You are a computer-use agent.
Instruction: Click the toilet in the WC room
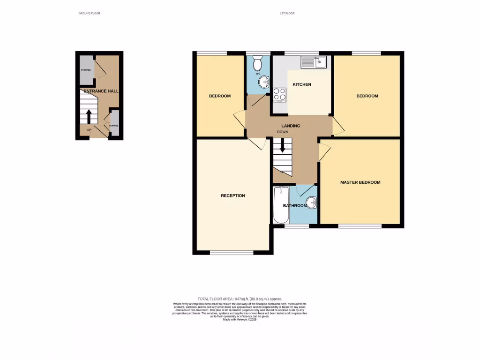pos(258,63)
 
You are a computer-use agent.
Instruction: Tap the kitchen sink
pos(314,61)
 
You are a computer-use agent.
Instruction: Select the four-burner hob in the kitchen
pos(280,94)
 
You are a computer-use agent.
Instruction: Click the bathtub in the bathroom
pos(281,205)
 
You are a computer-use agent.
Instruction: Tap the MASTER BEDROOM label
pos(360,182)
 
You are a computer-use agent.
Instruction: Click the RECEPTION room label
pos(232,195)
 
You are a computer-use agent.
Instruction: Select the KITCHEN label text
pos(302,84)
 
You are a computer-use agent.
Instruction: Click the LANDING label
pos(291,126)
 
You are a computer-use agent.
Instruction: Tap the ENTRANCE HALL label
pos(101,91)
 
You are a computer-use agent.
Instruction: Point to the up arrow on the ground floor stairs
pos(88,116)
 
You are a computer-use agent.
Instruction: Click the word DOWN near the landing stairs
pos(282,132)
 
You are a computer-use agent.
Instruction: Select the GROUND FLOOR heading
pos(89,13)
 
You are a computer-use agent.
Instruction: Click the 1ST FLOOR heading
pos(286,13)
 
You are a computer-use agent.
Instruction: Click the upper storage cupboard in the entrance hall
pos(86,67)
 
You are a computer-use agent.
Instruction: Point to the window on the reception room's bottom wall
pos(232,253)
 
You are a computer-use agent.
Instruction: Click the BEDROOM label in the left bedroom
pos(219,96)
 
